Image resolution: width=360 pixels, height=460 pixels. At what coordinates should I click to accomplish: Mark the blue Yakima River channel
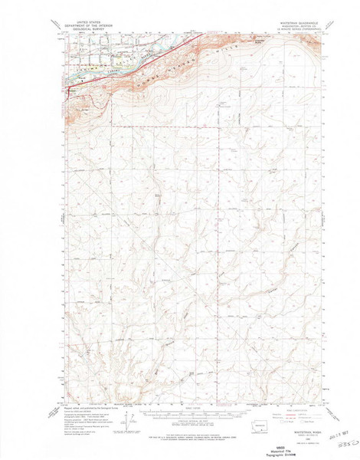[x=115, y=67]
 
